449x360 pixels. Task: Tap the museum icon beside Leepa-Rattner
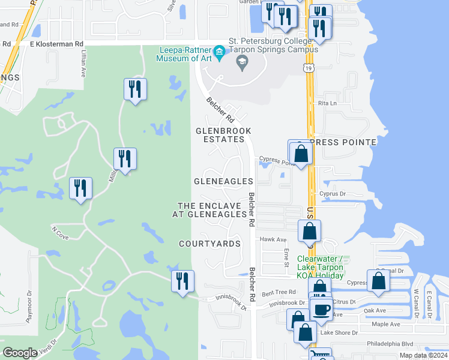click(x=219, y=52)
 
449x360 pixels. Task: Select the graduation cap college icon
click(x=243, y=62)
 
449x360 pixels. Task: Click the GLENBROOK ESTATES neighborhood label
click(x=223, y=134)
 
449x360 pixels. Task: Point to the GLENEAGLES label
click(x=223, y=181)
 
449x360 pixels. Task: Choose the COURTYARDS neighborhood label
click(x=209, y=244)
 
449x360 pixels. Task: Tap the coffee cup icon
click(x=322, y=309)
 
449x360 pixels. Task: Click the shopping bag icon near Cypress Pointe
click(x=301, y=153)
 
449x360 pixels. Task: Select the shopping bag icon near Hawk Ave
click(x=309, y=232)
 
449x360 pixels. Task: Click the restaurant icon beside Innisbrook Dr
click(x=182, y=281)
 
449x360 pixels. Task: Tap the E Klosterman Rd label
click(x=56, y=44)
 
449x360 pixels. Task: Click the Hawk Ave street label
click(x=271, y=239)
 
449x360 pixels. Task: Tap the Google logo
click(x=20, y=353)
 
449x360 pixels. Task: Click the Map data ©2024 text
click(x=423, y=355)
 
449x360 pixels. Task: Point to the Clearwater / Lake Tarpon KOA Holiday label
click(x=320, y=267)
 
